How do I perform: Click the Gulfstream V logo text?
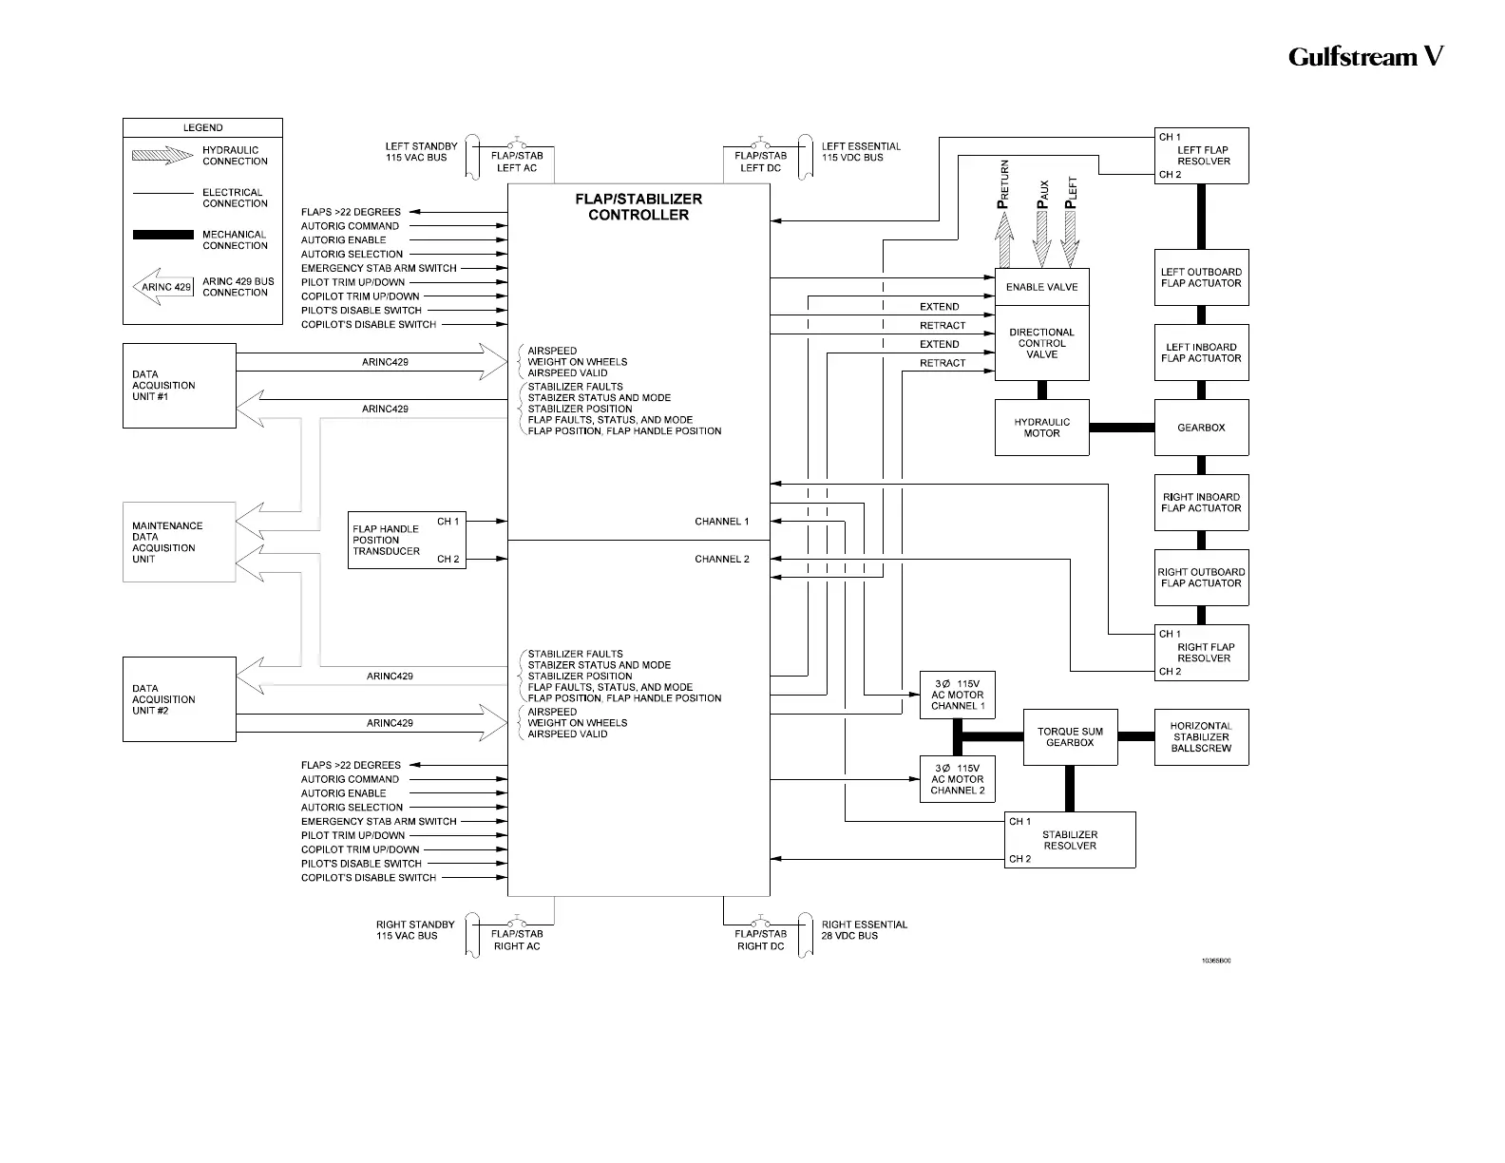(1365, 57)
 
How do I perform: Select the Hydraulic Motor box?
(1041, 428)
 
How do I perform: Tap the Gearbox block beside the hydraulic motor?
(1201, 428)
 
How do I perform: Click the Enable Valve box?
(1041, 287)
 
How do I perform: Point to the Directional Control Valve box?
(1041, 343)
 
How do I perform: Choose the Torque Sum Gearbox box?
(1070, 737)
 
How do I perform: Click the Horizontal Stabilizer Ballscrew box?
(1201, 737)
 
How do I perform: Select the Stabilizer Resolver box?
(1070, 840)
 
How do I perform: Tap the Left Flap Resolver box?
(1201, 156)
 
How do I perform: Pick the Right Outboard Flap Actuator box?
(1201, 578)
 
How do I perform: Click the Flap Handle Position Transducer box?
(407, 540)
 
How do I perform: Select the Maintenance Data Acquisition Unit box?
(179, 542)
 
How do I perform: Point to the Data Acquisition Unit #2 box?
(179, 699)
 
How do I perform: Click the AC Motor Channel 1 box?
(957, 695)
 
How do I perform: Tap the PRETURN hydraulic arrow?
(1003, 237)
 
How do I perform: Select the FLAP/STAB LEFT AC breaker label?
(517, 162)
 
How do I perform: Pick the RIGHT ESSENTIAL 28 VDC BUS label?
(864, 930)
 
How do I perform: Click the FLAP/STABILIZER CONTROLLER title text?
(638, 207)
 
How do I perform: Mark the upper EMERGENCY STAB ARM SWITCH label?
(378, 268)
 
